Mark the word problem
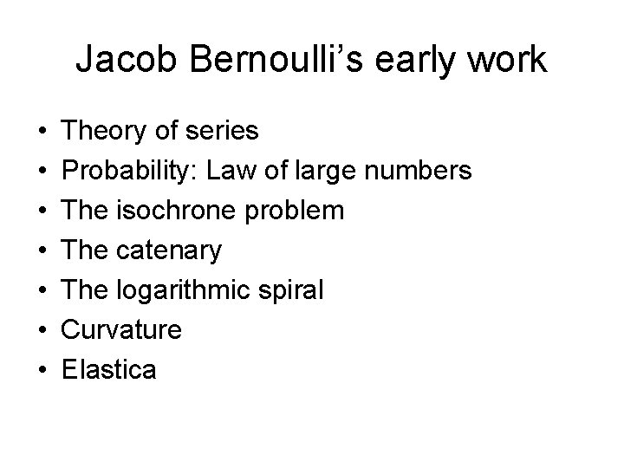(x=296, y=211)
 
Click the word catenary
(x=169, y=250)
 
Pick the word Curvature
(x=121, y=330)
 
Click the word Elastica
(x=109, y=370)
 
